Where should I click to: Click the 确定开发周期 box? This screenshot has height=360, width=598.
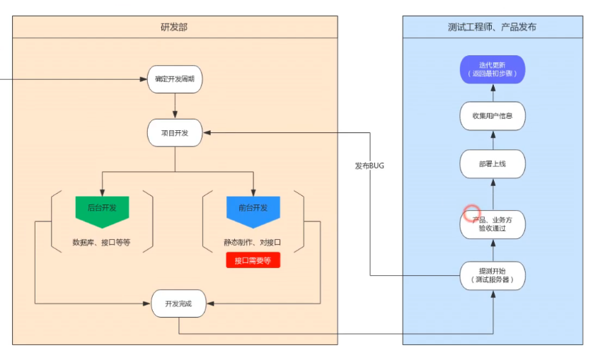[x=175, y=79]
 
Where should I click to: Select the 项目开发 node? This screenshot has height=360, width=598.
[x=175, y=133]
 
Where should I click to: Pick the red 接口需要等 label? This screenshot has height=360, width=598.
[x=253, y=260]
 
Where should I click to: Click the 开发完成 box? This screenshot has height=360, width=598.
[x=178, y=303]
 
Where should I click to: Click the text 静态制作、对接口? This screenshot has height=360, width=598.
[x=253, y=242]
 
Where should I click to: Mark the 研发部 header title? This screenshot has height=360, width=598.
[x=174, y=27]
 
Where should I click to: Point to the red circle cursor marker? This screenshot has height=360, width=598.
[x=472, y=213]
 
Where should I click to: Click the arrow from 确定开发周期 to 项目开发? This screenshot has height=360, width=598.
[x=175, y=105]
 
